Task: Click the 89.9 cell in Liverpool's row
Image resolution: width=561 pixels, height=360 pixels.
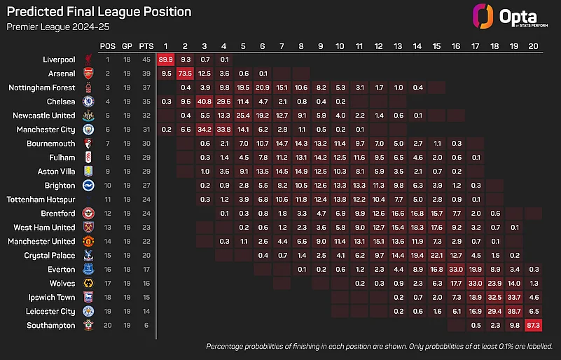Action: pyautogui.click(x=166, y=60)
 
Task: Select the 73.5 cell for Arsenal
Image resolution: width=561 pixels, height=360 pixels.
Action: pyautogui.click(x=186, y=74)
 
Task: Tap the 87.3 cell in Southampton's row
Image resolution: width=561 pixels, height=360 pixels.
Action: pyautogui.click(x=532, y=326)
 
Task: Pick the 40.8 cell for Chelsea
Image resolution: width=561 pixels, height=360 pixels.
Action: pyautogui.click(x=205, y=102)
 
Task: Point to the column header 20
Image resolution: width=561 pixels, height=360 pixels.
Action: pyautogui.click(x=532, y=46)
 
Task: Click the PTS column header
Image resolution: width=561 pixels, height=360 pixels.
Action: pyautogui.click(x=146, y=46)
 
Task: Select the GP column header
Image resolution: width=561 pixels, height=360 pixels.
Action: pyautogui.click(x=127, y=46)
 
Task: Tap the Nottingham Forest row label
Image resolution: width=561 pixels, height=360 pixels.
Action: pyautogui.click(x=41, y=88)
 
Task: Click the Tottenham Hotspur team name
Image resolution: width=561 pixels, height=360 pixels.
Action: pyautogui.click(x=41, y=200)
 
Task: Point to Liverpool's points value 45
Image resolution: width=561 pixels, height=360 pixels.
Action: pyautogui.click(x=146, y=60)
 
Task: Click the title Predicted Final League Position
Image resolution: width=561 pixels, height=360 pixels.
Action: pyautogui.click(x=99, y=12)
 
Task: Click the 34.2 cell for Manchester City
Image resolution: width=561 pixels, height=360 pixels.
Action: pyautogui.click(x=205, y=130)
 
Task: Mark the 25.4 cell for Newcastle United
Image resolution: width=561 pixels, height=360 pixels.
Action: pyautogui.click(x=243, y=116)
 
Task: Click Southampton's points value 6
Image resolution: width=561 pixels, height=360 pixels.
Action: pyautogui.click(x=146, y=326)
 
